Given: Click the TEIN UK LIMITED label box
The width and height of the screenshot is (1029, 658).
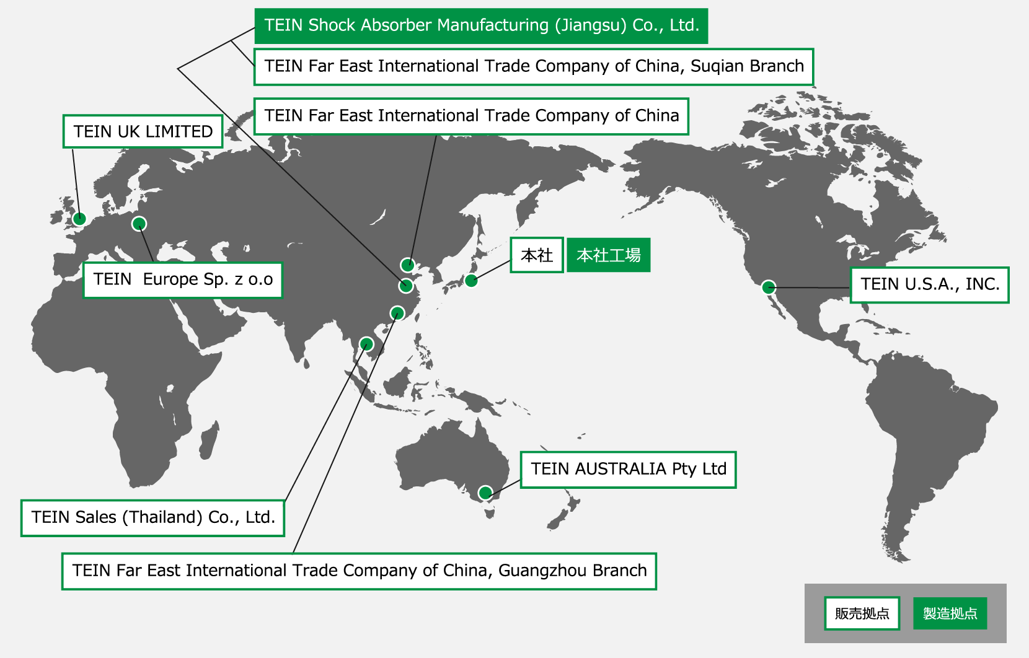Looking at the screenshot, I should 143,131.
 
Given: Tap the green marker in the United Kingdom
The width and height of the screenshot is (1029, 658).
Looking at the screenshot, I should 79,218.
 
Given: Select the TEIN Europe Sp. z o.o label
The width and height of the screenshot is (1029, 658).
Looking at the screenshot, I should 183,280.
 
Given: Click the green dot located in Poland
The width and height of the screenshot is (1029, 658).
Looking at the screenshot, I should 139,224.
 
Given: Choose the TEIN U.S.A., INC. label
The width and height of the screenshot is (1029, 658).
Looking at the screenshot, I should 929,285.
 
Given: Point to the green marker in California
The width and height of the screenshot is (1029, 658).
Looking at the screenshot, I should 769,287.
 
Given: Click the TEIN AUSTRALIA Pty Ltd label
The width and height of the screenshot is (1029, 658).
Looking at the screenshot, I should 628,470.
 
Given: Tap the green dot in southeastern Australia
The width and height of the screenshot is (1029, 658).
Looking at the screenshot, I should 485,493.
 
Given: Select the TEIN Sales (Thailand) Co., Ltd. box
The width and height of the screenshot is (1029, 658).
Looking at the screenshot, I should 152,518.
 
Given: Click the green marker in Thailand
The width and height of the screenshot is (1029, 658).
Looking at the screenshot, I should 366,344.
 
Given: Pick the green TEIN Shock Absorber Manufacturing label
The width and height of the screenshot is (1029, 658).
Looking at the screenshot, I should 481,26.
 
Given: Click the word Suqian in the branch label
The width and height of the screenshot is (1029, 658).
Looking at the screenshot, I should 713,66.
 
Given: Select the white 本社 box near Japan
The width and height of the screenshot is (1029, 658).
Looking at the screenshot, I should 536,255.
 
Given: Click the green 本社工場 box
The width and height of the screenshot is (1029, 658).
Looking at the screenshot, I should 608,255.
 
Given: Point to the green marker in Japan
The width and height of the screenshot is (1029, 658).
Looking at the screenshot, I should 471,281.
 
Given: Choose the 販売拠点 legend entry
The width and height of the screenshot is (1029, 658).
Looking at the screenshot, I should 862,613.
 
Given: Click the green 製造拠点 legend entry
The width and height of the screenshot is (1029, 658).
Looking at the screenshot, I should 950,613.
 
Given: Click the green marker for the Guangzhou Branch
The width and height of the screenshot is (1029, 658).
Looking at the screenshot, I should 397,313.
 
